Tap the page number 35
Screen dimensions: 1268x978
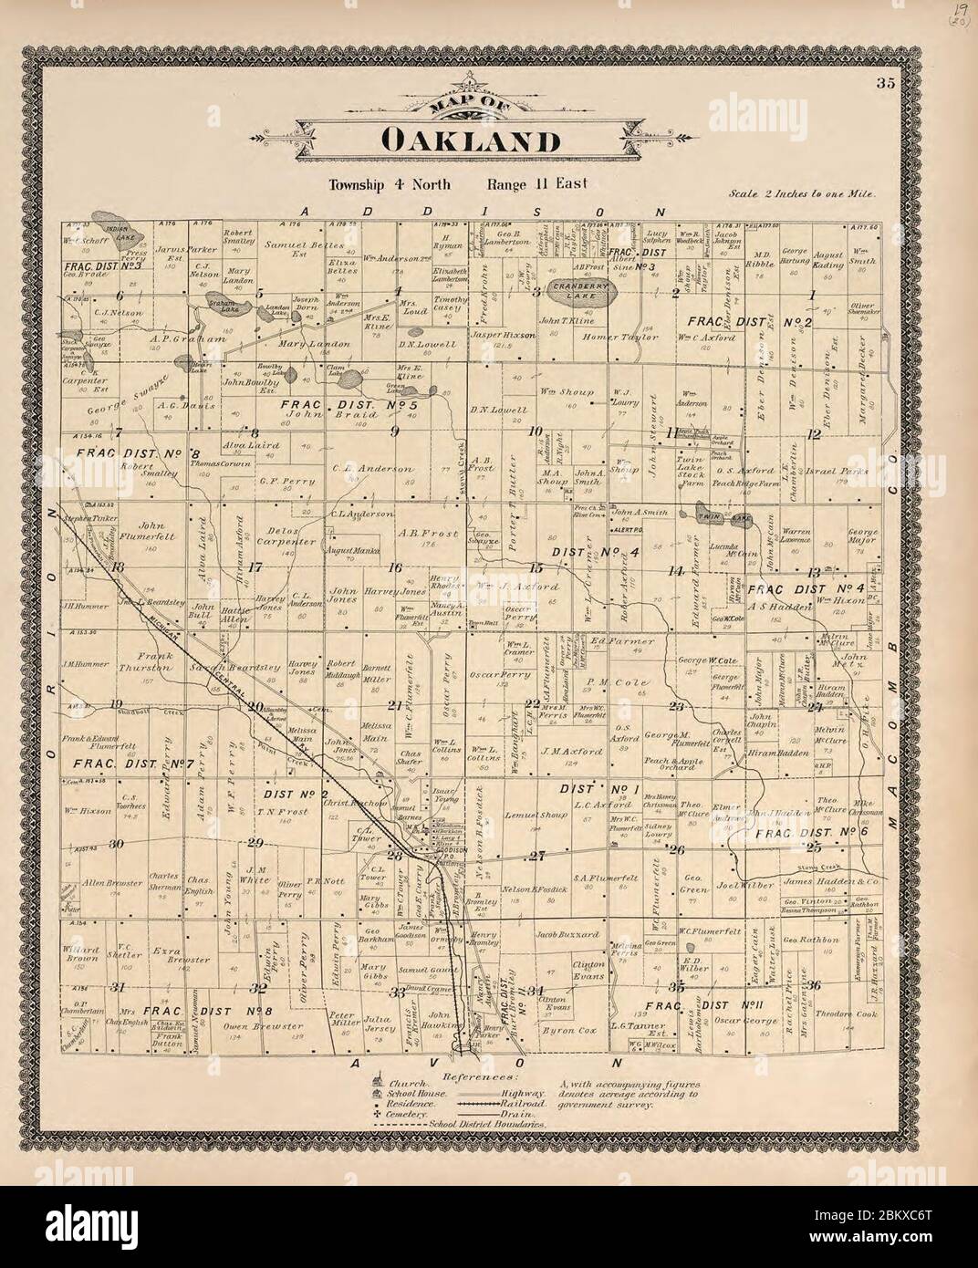[884, 84]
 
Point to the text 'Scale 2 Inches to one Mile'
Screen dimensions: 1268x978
[803, 194]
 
